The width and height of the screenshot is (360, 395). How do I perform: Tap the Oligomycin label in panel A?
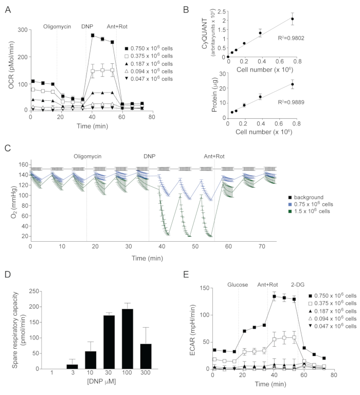57,26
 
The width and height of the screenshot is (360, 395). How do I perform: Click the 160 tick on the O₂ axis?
23,165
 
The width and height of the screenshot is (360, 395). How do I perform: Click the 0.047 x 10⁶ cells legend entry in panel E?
332,327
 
